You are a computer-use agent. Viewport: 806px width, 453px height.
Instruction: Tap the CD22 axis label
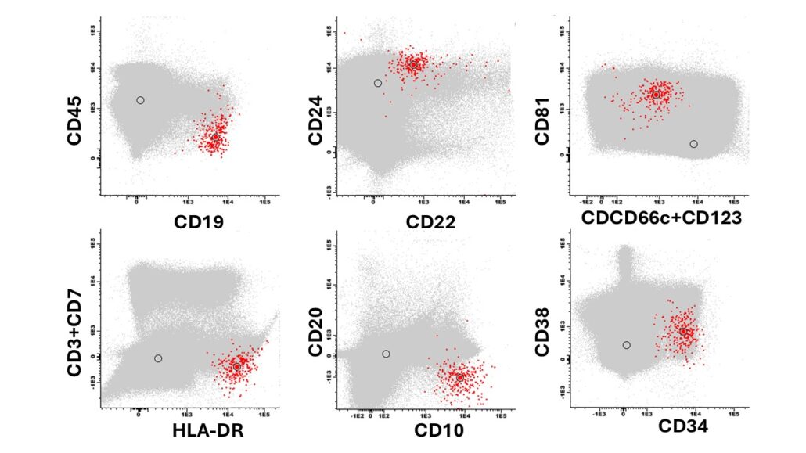(431, 221)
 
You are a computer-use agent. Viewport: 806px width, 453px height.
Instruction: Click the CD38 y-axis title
(542, 324)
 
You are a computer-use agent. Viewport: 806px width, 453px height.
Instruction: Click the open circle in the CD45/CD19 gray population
(140, 100)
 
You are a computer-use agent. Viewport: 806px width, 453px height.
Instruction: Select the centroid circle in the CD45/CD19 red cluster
(215, 138)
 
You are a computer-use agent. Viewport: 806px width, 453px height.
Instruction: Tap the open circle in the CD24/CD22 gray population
(378, 83)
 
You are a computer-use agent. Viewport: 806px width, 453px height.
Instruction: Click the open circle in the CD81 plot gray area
(693, 144)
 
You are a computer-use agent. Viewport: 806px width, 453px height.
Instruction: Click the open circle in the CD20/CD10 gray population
(386, 354)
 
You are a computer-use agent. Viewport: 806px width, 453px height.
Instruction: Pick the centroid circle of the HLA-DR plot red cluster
(236, 366)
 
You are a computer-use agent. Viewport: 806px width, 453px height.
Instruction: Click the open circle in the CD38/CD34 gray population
(626, 345)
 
